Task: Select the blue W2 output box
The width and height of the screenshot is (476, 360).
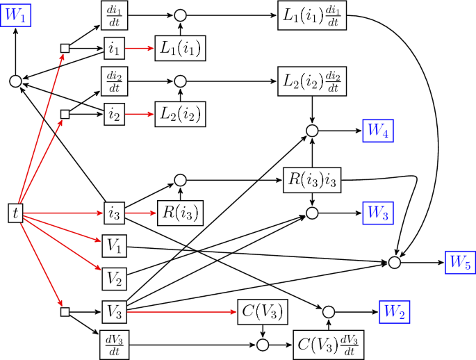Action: [393, 311]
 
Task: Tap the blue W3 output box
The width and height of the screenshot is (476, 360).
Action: [377, 213]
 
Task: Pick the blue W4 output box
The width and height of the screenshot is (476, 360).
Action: [377, 129]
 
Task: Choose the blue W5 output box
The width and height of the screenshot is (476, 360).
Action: [459, 263]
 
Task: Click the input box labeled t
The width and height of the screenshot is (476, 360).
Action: [15, 213]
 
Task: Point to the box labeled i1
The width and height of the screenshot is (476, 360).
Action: [113, 48]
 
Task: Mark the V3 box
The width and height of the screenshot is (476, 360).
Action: [113, 311]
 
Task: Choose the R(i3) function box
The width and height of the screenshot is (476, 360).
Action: [179, 213]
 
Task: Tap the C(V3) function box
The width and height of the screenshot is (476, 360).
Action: [263, 311]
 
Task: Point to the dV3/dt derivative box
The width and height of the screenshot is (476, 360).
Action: [113, 344]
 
